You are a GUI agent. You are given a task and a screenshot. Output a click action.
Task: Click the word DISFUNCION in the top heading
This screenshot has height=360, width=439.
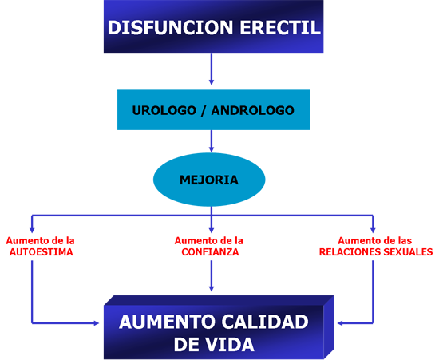160,28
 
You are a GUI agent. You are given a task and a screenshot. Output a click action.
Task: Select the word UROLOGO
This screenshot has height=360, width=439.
163,110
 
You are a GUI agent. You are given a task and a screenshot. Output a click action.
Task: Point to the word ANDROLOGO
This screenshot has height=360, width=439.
251,110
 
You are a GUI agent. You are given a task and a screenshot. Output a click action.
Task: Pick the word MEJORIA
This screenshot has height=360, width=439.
209,180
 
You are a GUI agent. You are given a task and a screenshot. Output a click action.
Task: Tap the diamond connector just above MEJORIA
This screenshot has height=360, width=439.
212,141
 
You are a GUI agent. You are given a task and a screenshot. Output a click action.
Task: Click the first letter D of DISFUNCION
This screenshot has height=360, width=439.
113,28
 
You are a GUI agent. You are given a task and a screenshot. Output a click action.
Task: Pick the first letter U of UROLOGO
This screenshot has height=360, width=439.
136,110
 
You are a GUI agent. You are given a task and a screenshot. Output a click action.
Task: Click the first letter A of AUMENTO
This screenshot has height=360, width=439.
125,323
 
